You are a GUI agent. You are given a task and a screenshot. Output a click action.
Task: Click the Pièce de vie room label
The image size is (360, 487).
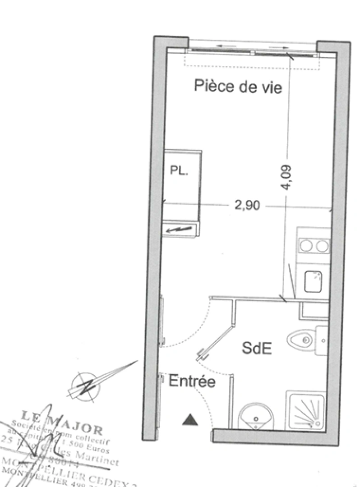point(238,86)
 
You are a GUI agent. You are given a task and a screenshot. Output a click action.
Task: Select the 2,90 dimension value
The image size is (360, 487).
point(247,206)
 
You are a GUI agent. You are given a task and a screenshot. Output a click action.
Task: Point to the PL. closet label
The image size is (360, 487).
point(179,171)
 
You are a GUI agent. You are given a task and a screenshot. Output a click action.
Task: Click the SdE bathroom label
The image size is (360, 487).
point(257,348)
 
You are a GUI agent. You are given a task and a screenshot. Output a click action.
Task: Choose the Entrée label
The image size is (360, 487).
point(192,382)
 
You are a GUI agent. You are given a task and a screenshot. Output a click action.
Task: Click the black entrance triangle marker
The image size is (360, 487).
point(190,420)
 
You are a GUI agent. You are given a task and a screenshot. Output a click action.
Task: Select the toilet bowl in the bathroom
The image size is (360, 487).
point(301,339)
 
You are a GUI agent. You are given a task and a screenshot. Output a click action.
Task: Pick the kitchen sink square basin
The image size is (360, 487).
point(313,281)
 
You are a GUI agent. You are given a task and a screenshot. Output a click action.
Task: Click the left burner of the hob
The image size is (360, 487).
point(307,245)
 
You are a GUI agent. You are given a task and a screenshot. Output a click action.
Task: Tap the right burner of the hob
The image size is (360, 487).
point(322,245)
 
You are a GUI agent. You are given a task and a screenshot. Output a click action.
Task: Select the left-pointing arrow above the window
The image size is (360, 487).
point(224,46)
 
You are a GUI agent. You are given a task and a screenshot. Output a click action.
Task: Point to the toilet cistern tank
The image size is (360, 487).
point(321,340)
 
